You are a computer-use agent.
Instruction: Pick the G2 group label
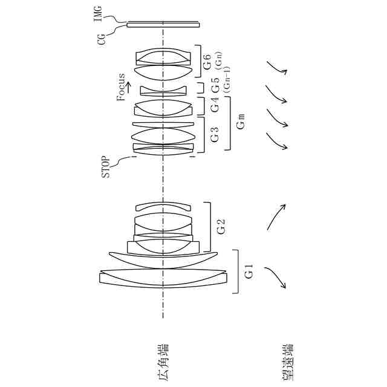[x=221, y=228]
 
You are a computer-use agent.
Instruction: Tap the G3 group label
[x=215, y=134]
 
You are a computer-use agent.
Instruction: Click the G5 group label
[x=215, y=86]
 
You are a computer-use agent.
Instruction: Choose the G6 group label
[x=207, y=60]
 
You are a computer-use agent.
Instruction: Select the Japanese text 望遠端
[x=285, y=362]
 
